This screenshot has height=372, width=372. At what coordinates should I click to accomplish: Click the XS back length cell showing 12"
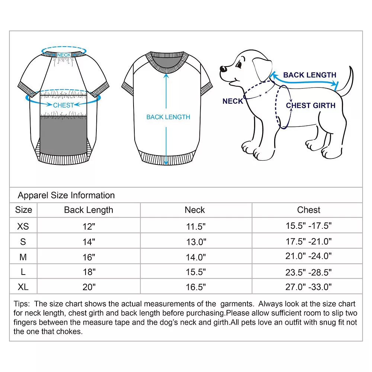pos(89,226)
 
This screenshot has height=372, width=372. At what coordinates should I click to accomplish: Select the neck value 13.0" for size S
pos(196,242)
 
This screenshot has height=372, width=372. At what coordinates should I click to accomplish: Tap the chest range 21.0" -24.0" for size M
pos(308,257)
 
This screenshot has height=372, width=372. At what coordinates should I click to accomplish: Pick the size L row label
pos(23,272)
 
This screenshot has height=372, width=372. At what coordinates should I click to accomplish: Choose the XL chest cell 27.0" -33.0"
pos(308,287)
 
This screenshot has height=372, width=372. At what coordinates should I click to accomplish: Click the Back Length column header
pos(89,210)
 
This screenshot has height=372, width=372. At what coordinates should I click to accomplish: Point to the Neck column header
pos(195,210)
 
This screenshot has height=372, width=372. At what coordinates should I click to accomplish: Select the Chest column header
pos(308,210)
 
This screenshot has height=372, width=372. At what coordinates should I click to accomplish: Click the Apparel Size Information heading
pos(66,195)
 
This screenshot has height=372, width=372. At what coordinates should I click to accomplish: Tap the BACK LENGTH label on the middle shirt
pos(168,117)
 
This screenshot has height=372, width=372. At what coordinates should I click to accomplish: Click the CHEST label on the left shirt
pos(63,105)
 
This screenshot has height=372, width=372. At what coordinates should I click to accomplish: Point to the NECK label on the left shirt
pos(64,55)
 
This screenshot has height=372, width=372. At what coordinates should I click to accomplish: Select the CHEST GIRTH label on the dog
pos(311,106)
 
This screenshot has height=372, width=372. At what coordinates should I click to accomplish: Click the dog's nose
pos(222,69)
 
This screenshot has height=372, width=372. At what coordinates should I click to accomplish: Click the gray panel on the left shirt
pos(63,136)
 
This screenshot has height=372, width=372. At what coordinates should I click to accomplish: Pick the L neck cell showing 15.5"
pos(196,272)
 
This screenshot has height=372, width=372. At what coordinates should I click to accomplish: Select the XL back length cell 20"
pos(89,287)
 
